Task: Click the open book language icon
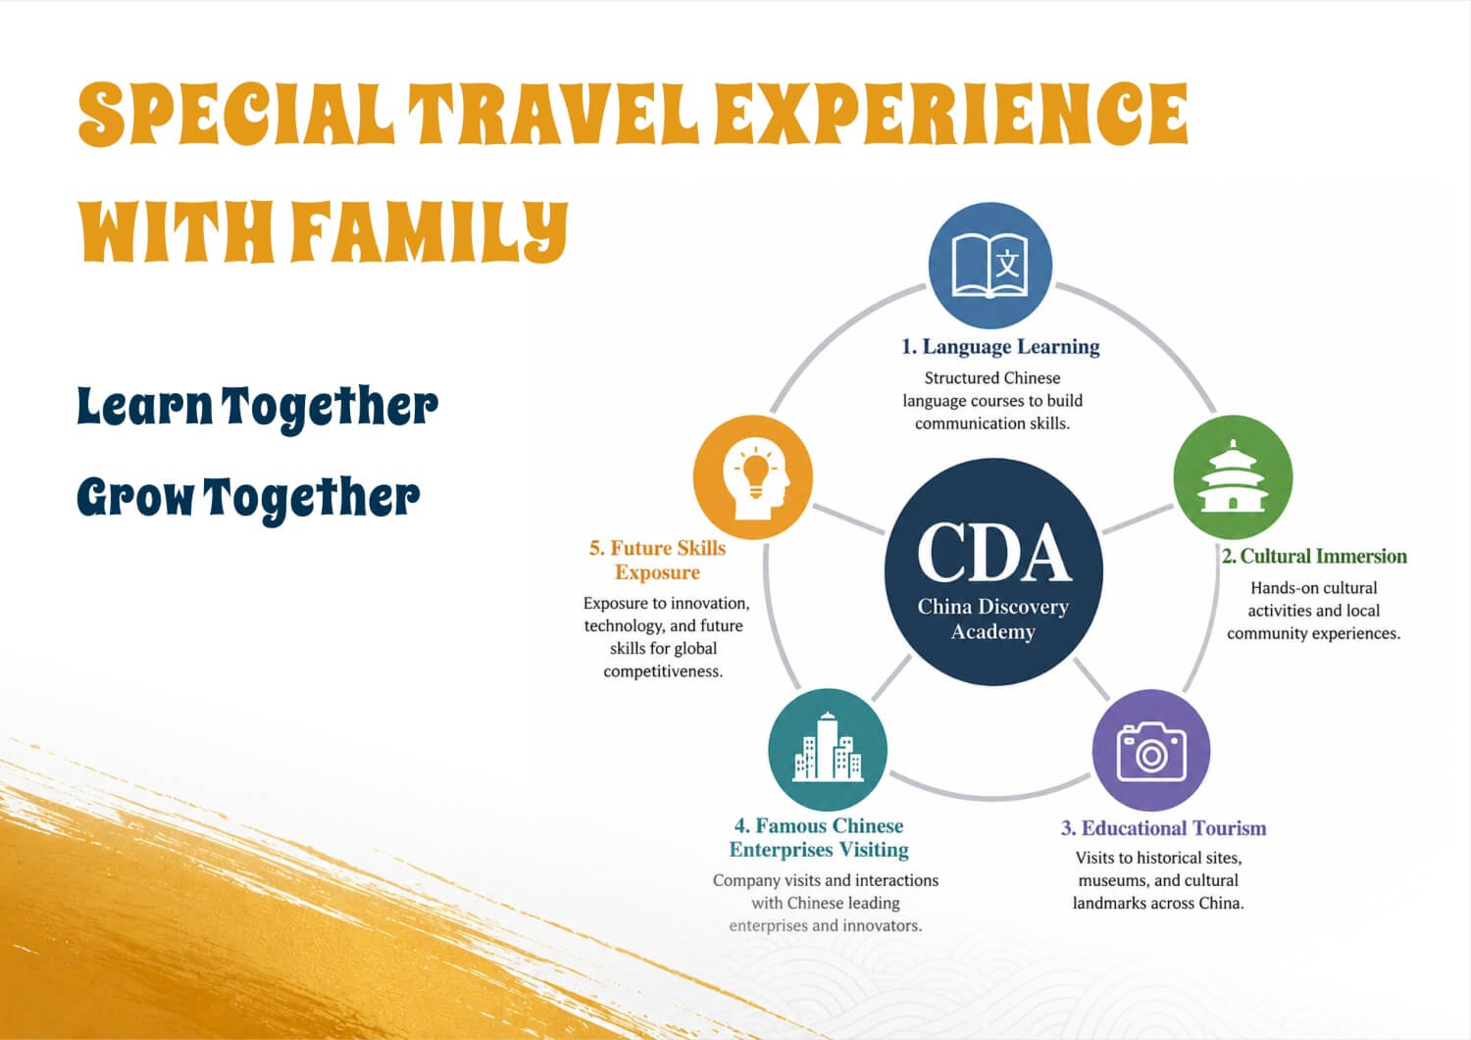click(x=990, y=266)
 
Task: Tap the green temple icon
click(x=1233, y=476)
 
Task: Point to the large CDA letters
click(x=993, y=553)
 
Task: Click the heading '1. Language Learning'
click(x=1000, y=347)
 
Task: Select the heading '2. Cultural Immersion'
click(x=1314, y=556)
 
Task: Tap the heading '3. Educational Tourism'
click(x=1164, y=828)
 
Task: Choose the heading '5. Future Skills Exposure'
click(x=657, y=560)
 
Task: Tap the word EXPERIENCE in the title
click(x=951, y=114)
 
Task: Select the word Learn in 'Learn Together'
click(x=145, y=407)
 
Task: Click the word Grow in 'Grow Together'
click(x=135, y=496)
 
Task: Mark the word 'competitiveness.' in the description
click(x=663, y=671)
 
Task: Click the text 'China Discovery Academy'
click(x=992, y=619)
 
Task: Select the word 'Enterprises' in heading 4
click(x=782, y=850)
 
